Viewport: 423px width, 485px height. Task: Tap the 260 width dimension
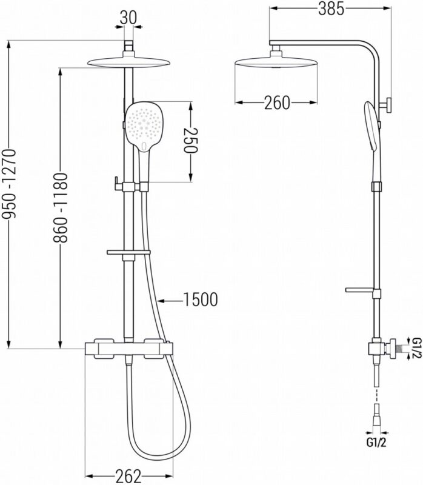277,103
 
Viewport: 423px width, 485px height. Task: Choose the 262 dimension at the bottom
128,475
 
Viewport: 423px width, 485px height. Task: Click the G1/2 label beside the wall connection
416,349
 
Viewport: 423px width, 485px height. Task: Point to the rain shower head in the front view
128,62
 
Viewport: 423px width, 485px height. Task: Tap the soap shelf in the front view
128,252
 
